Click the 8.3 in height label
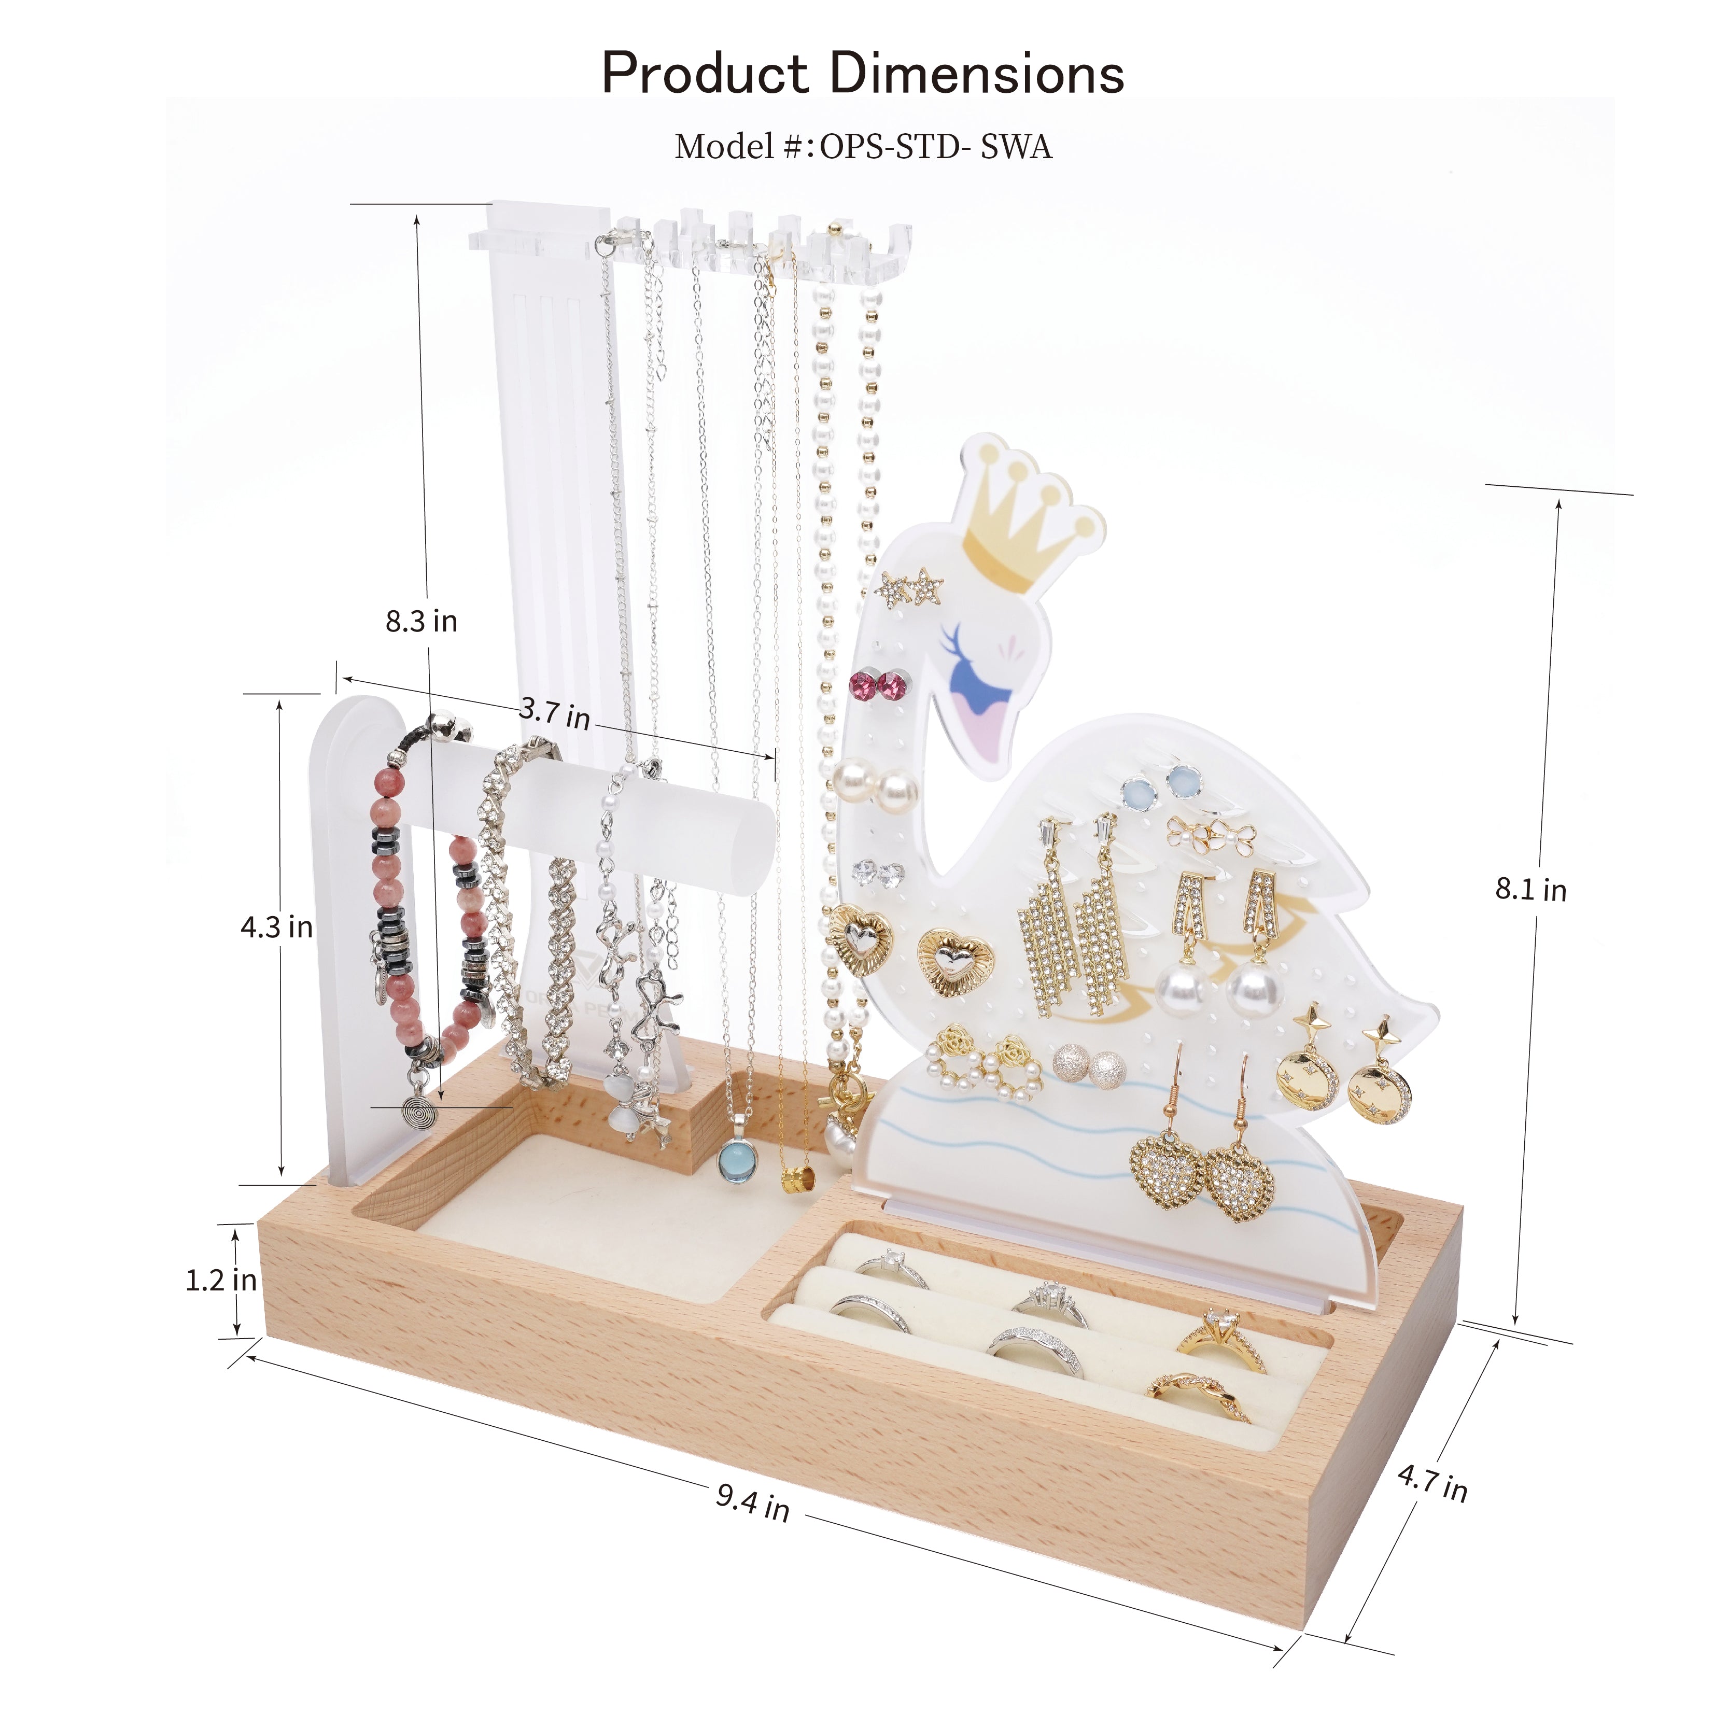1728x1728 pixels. (422, 621)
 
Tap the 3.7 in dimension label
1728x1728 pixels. (555, 713)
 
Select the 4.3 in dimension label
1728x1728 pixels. (276, 926)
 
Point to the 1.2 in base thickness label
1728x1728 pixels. (221, 1280)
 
